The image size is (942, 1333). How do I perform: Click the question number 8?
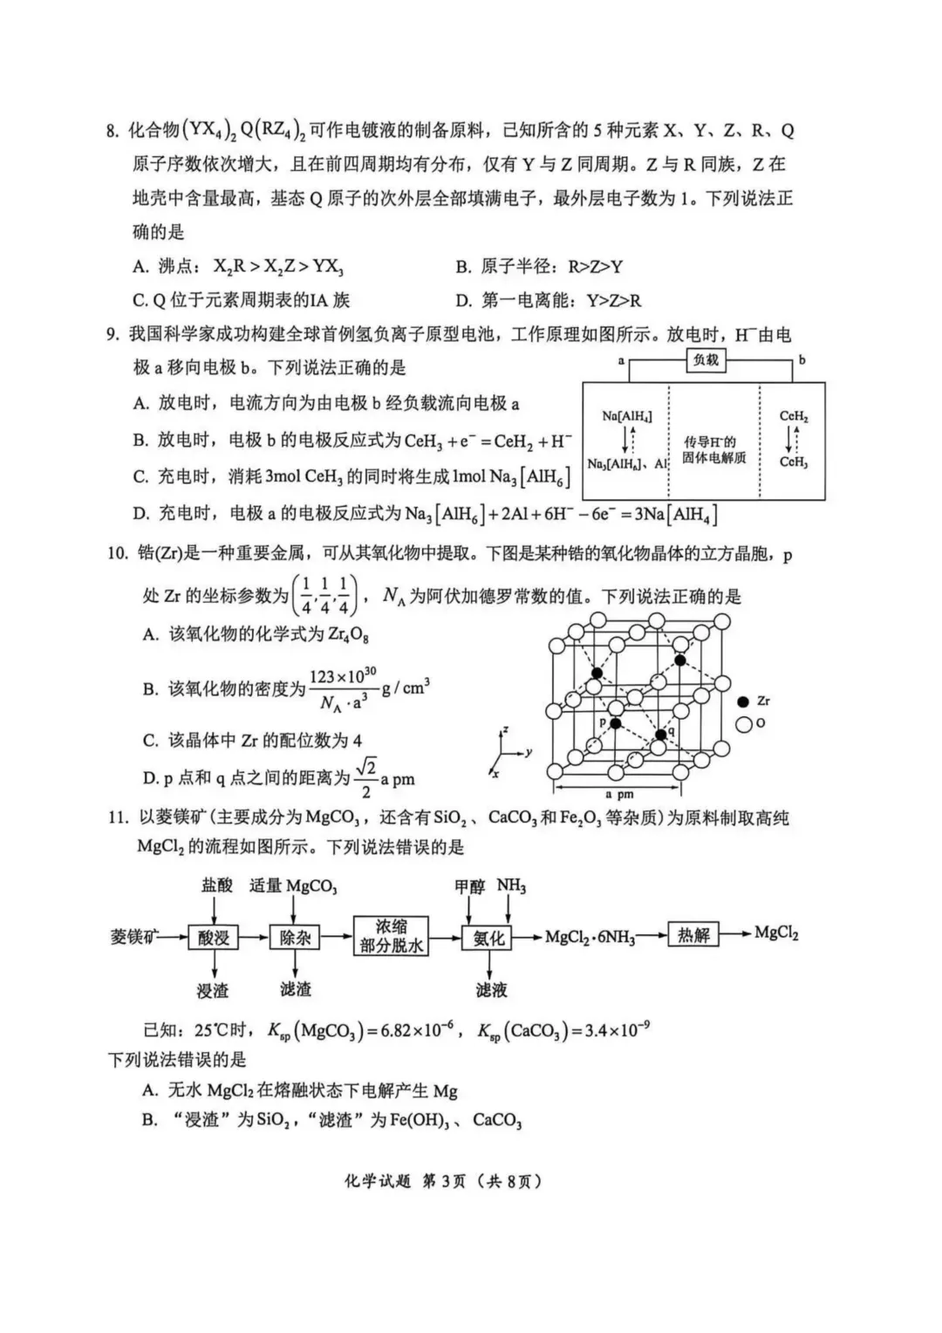112,132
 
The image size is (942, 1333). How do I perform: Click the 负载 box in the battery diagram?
705,360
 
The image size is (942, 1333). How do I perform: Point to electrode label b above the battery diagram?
802,359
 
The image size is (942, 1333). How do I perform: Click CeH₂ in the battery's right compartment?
794,417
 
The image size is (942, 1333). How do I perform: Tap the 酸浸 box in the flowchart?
213,938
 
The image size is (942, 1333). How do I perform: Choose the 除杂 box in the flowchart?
295,938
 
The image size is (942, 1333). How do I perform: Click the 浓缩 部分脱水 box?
391,935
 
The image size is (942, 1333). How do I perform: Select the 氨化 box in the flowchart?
488,938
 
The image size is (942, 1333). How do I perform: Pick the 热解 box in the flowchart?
694,935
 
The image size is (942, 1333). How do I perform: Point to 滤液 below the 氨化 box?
491,989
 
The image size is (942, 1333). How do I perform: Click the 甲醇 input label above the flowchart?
469,886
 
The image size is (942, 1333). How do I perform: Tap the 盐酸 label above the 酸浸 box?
217,885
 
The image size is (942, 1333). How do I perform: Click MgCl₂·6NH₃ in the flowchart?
590,938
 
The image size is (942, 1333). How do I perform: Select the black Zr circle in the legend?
743,701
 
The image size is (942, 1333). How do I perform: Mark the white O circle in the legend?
744,724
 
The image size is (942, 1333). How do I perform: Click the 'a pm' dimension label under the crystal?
619,795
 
